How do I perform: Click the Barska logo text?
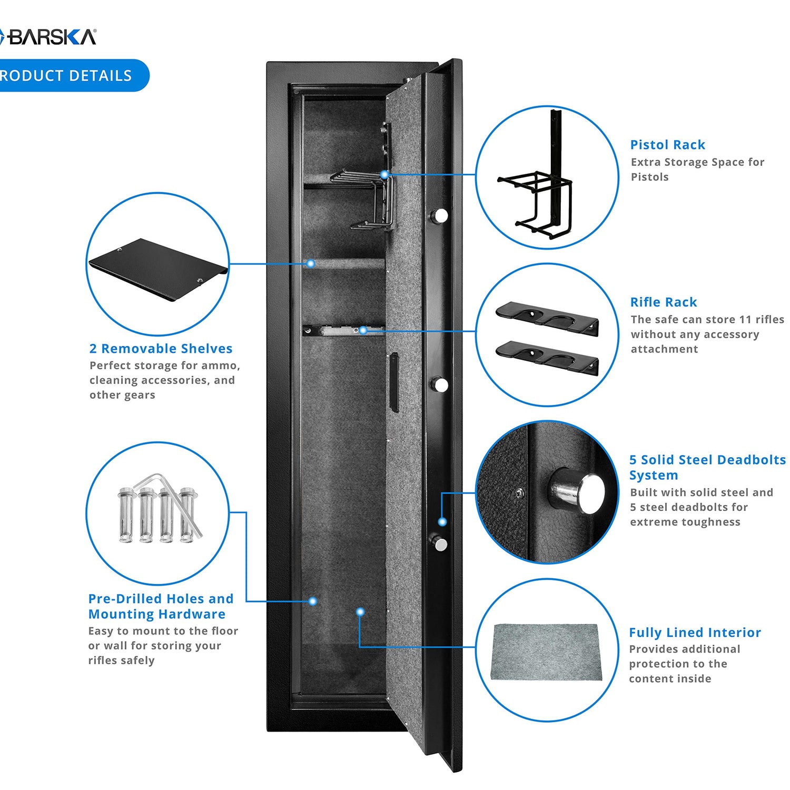[x=51, y=37]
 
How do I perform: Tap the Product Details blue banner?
[x=68, y=75]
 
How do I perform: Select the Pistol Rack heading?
[x=667, y=145]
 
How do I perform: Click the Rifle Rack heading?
[x=663, y=302]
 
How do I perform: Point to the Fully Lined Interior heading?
[x=695, y=633]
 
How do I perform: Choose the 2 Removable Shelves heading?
[x=161, y=349]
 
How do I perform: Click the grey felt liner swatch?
[x=546, y=651]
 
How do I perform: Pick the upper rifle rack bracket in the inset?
[x=547, y=318]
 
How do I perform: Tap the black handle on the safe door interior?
[x=394, y=382]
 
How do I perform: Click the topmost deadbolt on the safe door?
[x=440, y=215]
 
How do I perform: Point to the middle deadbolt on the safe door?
[x=441, y=384]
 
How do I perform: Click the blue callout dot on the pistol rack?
[x=384, y=174]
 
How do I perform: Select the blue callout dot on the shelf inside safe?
[x=311, y=263]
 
